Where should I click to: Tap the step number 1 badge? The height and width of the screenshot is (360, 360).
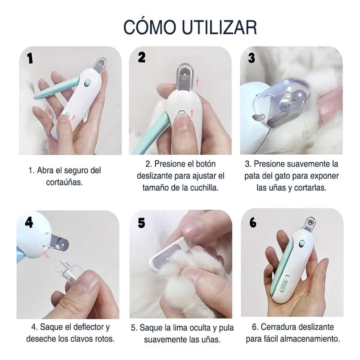pos(30,59)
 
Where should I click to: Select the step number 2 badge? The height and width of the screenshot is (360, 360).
pos(142,57)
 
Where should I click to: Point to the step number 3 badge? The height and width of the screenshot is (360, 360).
pos(252,58)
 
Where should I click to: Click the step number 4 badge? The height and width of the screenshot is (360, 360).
pos(29,222)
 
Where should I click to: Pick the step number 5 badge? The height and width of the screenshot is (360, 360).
pos(142,222)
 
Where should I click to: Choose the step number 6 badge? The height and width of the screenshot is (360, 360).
pos(252,222)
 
